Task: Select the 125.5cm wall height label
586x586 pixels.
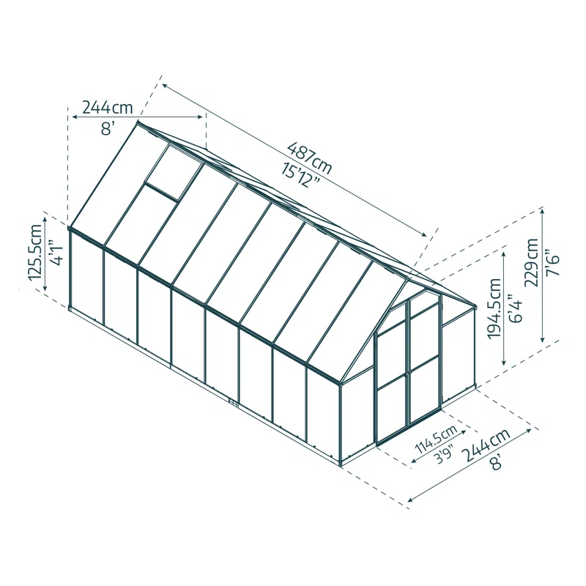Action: pyautogui.click(x=34, y=253)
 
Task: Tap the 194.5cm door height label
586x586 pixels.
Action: pyautogui.click(x=494, y=305)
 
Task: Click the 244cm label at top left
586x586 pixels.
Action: pyautogui.click(x=107, y=108)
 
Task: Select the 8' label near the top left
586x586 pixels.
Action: pyautogui.click(x=108, y=129)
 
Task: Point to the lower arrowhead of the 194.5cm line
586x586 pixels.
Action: pyautogui.click(x=504, y=364)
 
